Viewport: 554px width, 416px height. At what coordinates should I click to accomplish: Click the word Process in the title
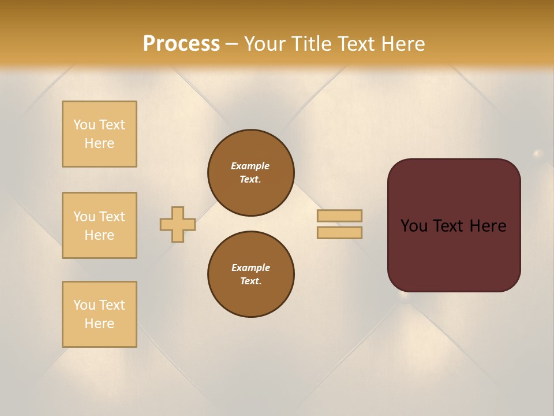tap(181, 44)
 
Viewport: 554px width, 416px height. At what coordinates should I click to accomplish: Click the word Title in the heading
tap(310, 44)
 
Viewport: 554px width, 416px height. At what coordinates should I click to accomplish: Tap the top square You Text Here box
tap(99, 134)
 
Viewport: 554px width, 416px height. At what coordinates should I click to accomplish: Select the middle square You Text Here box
tap(99, 225)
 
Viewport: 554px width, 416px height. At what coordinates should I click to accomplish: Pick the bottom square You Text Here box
tap(99, 314)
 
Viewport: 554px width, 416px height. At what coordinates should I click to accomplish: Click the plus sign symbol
tap(178, 224)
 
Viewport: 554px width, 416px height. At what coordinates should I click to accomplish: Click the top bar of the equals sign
tap(340, 216)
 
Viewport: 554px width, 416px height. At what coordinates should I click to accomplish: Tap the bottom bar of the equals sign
tap(340, 232)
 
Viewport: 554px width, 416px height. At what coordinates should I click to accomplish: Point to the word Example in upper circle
tap(250, 166)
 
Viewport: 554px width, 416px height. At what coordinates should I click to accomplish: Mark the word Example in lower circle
tap(250, 268)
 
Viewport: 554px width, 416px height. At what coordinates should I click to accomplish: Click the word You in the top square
tap(84, 125)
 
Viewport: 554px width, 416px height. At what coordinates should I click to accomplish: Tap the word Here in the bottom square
tap(99, 324)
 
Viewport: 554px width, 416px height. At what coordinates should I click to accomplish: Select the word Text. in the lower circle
tap(250, 281)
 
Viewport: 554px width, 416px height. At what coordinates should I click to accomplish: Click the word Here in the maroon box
tap(488, 226)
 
